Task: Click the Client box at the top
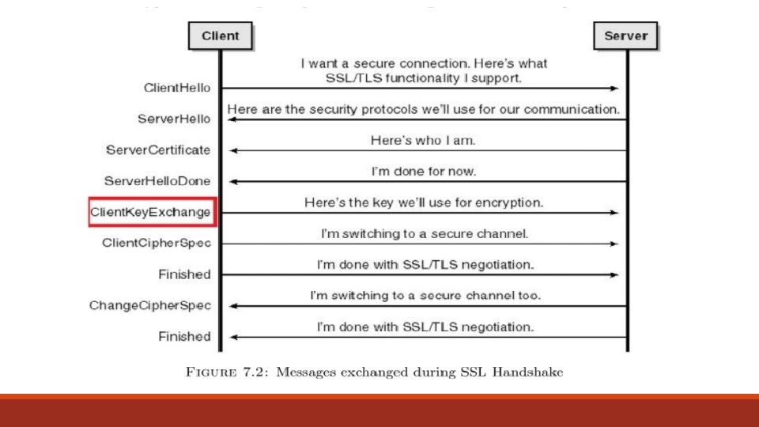tap(220, 36)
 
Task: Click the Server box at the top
tap(626, 36)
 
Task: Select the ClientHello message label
tap(177, 89)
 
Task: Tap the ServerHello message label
tap(175, 119)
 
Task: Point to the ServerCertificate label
tap(158, 150)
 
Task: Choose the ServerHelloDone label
tap(157, 181)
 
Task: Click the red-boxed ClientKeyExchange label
tap(150, 212)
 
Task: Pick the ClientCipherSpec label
tap(157, 243)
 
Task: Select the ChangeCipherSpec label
tap(150, 305)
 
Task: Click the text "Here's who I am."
tap(424, 141)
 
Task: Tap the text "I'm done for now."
tap(424, 172)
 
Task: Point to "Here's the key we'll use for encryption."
tap(424, 203)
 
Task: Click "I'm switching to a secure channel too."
tap(425, 296)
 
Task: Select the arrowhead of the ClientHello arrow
tap(615, 89)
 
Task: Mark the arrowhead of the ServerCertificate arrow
tap(233, 150)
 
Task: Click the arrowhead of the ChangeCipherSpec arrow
tap(233, 305)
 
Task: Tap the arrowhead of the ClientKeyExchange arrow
tap(615, 213)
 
